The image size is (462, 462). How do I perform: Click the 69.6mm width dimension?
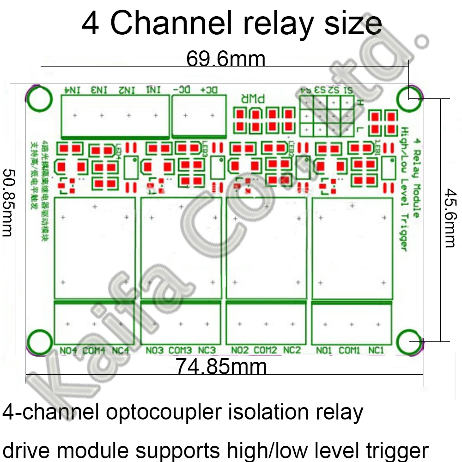coord(225,59)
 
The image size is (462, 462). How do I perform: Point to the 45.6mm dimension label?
coord(449,217)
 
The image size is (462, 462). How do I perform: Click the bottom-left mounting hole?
coord(39,343)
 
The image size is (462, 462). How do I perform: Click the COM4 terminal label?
coord(94,351)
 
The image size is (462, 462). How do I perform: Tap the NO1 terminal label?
coord(324,351)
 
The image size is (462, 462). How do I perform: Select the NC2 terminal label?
coord(292,351)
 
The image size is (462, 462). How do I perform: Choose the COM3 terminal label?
coord(180,351)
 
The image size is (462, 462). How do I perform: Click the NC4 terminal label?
coord(121,351)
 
